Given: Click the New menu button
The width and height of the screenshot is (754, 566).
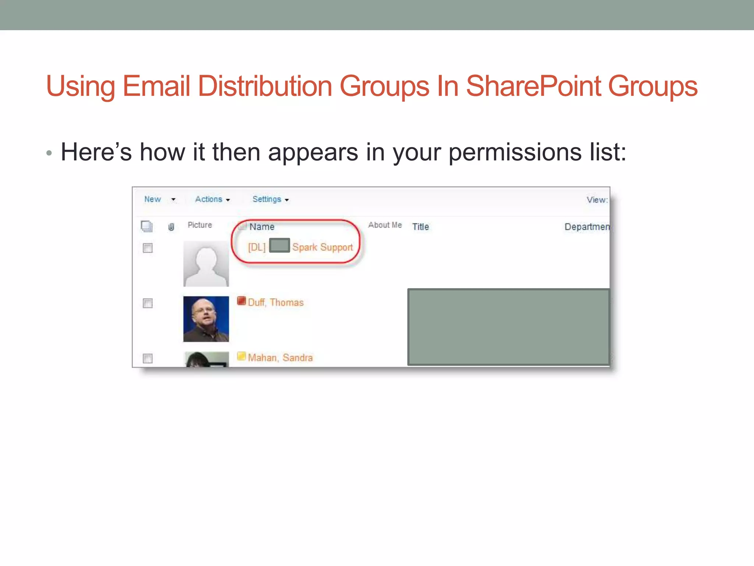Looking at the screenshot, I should pyautogui.click(x=152, y=199).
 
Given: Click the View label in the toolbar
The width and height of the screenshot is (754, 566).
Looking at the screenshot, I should pyautogui.click(x=596, y=200).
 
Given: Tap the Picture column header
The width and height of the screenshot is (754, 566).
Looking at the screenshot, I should pyautogui.click(x=200, y=225).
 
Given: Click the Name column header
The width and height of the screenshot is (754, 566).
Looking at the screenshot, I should pyautogui.click(x=262, y=227).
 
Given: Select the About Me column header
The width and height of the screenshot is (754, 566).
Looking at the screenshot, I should pyautogui.click(x=385, y=225).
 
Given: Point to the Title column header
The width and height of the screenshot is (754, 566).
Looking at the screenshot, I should pyautogui.click(x=420, y=227).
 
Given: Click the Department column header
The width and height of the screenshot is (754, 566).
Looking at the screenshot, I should pyautogui.click(x=586, y=227).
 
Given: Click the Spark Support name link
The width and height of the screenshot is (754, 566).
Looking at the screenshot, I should pyautogui.click(x=322, y=247).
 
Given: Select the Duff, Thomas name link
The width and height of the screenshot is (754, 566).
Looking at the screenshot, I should pyautogui.click(x=275, y=303).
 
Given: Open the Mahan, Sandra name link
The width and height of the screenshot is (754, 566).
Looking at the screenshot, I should pyautogui.click(x=280, y=358).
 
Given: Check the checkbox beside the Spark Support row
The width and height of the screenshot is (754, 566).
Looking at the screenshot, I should pyautogui.click(x=148, y=248).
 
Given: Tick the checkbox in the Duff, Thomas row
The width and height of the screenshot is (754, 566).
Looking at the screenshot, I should pyautogui.click(x=148, y=303).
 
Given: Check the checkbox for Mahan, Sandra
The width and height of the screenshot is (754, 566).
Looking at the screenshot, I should pyautogui.click(x=148, y=358).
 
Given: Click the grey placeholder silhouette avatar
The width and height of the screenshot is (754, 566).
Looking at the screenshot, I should pyautogui.click(x=206, y=264).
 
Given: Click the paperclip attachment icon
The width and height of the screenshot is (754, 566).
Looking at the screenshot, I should pyautogui.click(x=171, y=227).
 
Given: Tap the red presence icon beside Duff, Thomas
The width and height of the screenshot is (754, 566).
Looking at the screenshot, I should pyautogui.click(x=242, y=301).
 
